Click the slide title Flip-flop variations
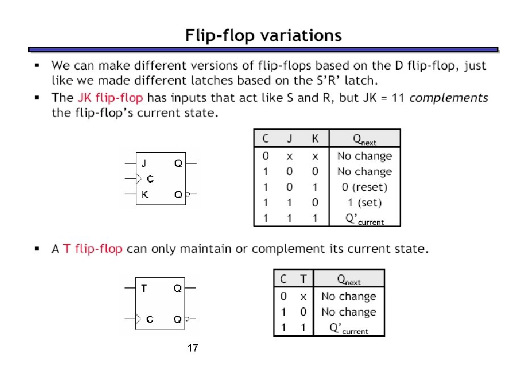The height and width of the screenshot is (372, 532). (263, 36)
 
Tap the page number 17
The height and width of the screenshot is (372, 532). (192, 349)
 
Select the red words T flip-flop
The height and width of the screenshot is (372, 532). (93, 249)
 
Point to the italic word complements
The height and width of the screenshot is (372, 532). (448, 98)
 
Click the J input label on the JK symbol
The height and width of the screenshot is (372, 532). (144, 164)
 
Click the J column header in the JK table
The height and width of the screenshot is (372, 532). (289, 139)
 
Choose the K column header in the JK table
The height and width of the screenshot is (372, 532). (315, 139)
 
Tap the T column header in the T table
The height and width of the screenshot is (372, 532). (304, 279)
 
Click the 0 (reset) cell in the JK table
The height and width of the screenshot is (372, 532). (364, 187)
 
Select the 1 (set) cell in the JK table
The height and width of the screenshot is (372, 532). (364, 202)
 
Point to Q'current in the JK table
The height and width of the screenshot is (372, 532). (364, 219)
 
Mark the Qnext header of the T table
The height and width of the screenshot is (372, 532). (348, 279)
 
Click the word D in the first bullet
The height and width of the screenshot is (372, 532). (398, 66)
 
